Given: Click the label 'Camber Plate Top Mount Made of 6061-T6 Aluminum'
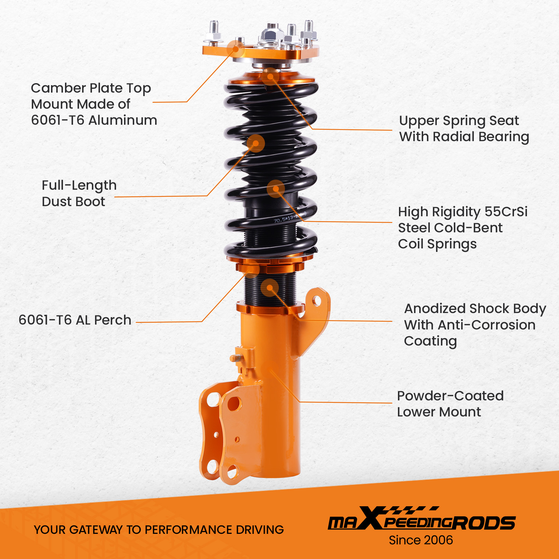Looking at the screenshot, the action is coord(94,104).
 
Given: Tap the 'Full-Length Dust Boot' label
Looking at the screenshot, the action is coord(79,193).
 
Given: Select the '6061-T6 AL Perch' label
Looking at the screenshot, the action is coord(75,320).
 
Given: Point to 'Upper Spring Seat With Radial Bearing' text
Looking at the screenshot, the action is coord(464,129).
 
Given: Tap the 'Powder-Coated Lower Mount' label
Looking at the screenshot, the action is coord(450,404).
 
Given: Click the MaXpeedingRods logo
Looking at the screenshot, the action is coord(422,518).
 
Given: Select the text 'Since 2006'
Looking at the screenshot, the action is coord(421,540).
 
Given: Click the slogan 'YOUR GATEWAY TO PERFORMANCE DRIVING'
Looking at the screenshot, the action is coord(159,530).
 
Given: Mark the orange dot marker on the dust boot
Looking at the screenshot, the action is coord(255,143).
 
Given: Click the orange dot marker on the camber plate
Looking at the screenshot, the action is coord(236,49).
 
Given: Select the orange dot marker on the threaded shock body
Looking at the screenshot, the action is coord(270,288).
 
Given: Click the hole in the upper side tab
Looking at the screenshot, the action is coord(317,300).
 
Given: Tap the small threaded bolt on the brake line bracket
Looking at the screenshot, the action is coord(236,358).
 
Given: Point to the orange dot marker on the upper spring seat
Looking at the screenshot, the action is coord(270,76).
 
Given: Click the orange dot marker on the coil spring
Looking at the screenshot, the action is coord(276,189).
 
